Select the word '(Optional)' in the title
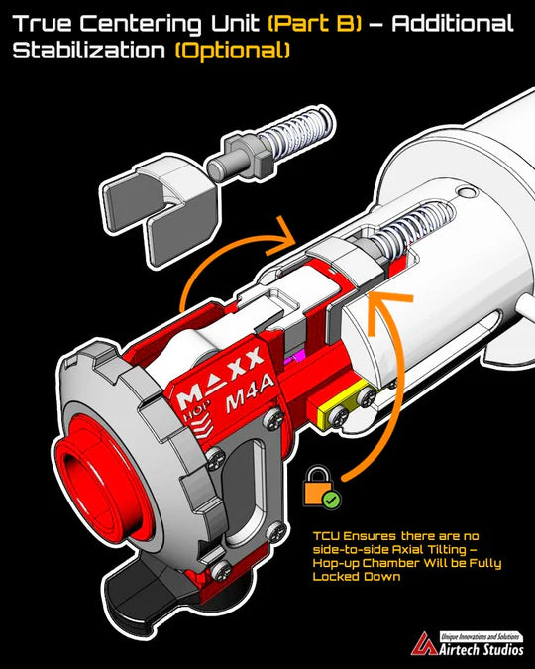[232, 50]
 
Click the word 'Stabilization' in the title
[90, 50]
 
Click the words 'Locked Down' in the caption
[357, 577]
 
